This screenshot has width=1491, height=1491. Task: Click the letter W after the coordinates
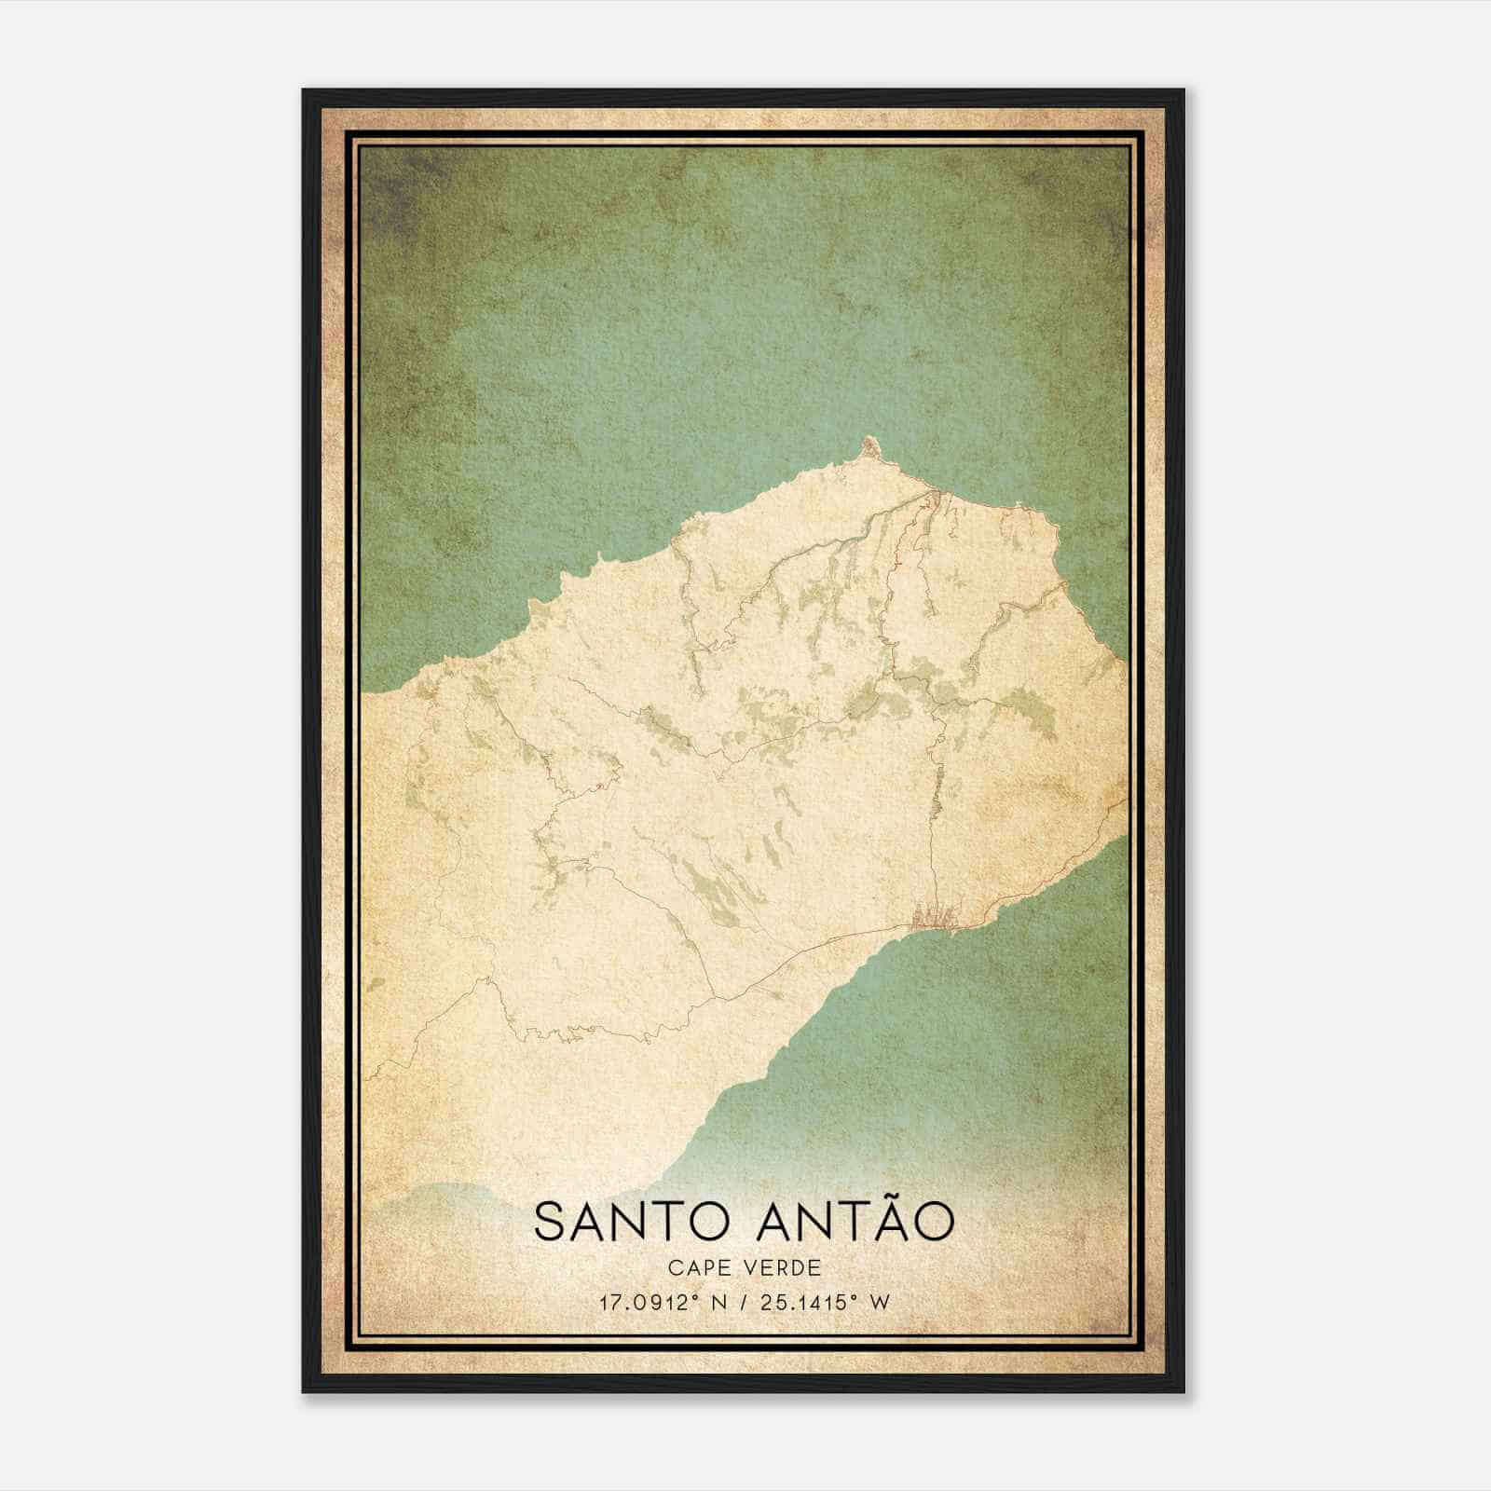[x=880, y=1303]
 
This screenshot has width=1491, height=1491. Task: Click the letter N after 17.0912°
[x=717, y=1303]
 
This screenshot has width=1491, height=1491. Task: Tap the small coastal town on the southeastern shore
[x=935, y=918]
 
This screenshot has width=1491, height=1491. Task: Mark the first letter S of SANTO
[x=550, y=1222]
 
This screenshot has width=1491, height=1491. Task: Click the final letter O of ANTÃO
[x=935, y=1222]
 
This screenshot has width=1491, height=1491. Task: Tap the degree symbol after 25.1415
[x=853, y=1296]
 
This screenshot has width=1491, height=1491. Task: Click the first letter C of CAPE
[x=674, y=1267]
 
